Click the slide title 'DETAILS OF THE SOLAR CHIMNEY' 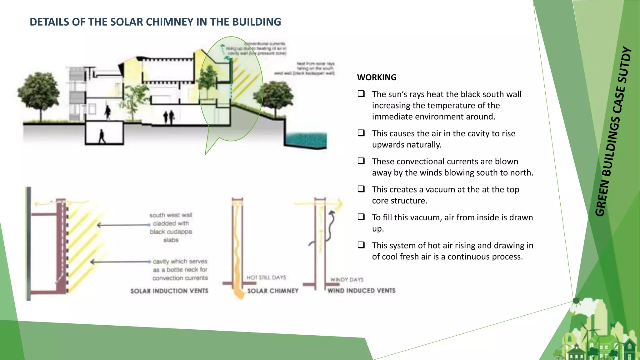point(155,22)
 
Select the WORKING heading point(377,77)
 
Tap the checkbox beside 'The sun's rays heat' point(361,94)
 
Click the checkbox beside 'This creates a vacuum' point(361,189)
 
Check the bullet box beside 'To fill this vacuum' point(361,217)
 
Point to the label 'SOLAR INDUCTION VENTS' point(169,291)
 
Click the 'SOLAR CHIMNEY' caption point(272,291)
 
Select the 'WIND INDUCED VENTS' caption point(361,291)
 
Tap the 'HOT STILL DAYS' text point(266,277)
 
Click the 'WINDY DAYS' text point(347,279)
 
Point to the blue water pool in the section point(306,140)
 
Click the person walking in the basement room point(102,137)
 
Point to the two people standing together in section point(169,117)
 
